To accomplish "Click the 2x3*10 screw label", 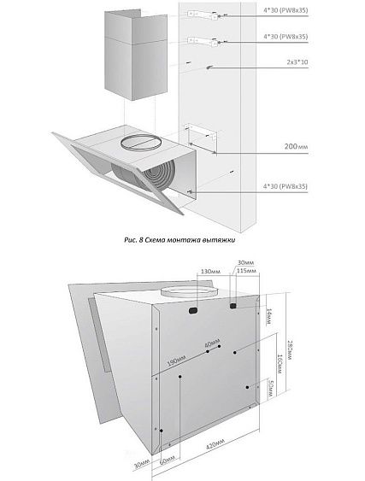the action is point(297,62).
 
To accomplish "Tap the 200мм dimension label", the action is point(296,147).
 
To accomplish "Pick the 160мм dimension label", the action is point(280,365).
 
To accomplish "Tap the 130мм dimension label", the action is point(210,272).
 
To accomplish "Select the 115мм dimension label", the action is point(246,271).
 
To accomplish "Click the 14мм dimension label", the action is point(268,316).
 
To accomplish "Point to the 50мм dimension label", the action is point(270,389).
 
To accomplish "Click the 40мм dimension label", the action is point(212,343).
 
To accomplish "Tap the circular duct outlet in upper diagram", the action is point(141,142).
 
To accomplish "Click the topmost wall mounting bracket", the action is point(203,15).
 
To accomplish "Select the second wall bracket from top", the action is point(203,41).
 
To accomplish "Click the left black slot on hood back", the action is point(193,310).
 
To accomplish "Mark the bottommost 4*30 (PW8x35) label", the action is point(286,186).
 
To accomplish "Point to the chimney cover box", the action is point(136,55).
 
